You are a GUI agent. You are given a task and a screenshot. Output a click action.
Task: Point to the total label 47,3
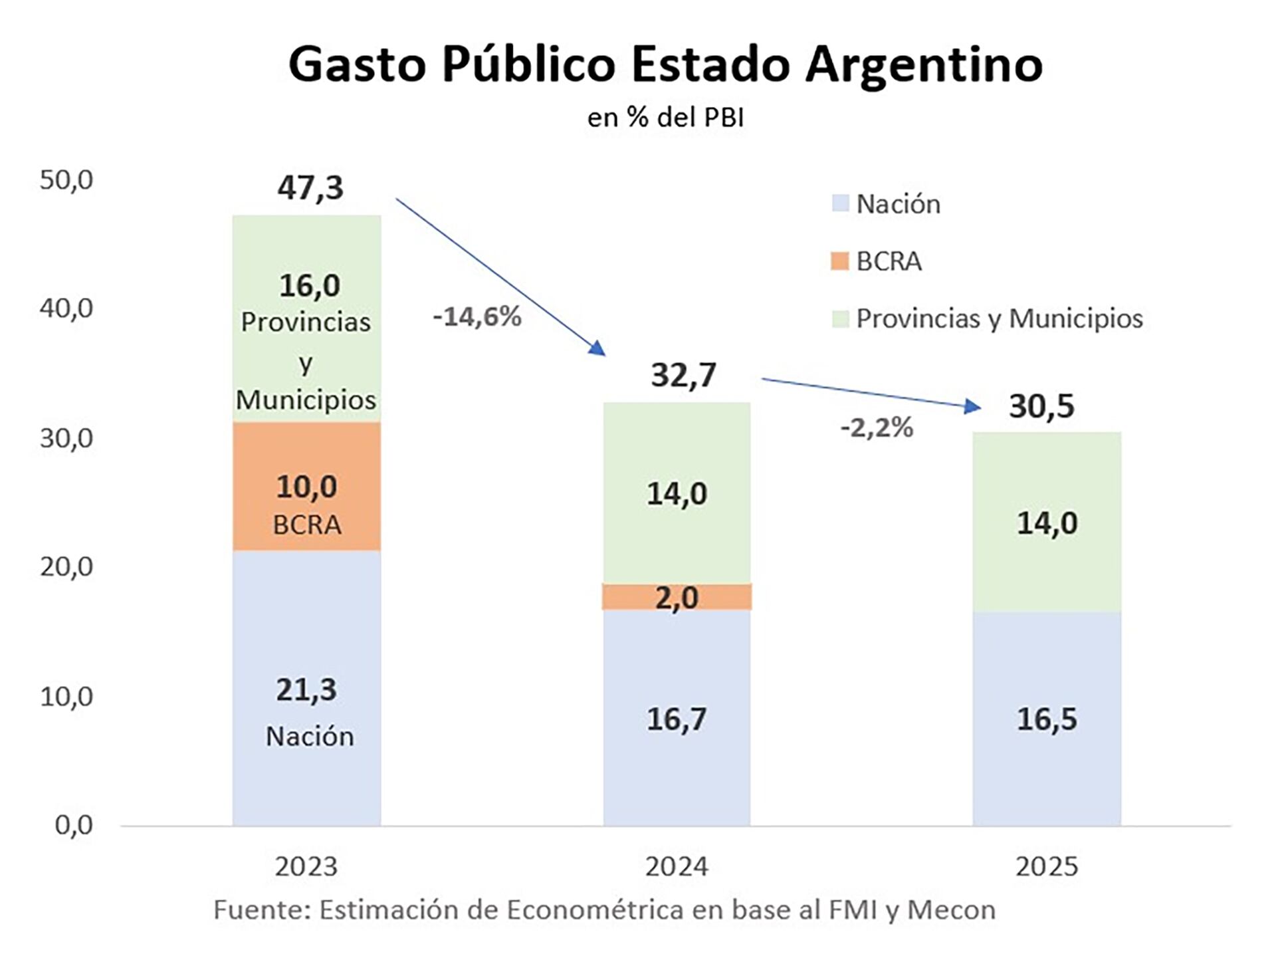310,187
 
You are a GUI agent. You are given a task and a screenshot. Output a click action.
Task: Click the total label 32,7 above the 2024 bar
683,375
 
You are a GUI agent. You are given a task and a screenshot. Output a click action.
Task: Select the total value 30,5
1041,406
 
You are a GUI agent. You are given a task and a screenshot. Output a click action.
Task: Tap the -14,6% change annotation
477,317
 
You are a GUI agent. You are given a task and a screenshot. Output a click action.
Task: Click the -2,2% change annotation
877,427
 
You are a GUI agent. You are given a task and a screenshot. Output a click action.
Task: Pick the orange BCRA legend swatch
840,261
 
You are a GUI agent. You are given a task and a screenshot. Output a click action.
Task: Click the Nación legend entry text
898,204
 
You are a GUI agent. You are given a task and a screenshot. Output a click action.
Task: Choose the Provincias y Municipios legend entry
999,318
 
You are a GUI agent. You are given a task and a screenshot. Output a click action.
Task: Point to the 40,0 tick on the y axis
66,308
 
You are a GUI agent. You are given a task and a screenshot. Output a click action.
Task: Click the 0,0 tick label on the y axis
74,825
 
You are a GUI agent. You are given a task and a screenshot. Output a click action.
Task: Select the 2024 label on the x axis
677,867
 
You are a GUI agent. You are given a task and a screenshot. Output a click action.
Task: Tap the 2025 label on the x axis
1047,867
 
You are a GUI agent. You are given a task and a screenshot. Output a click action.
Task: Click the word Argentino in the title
923,65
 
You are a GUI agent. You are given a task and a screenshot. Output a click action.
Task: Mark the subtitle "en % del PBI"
665,118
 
